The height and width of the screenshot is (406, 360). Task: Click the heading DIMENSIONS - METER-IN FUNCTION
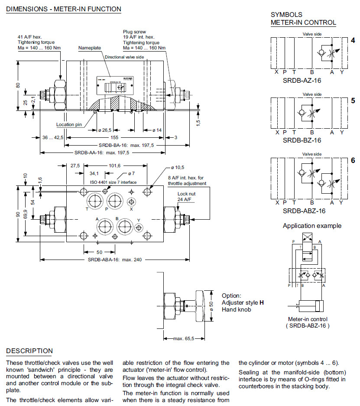(64, 9)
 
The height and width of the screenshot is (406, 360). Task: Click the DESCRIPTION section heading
(29, 351)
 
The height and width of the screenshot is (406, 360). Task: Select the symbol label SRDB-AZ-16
(302, 80)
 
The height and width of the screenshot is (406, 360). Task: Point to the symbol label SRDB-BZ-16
(302, 140)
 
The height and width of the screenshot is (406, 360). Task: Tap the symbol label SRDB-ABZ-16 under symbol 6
(303, 211)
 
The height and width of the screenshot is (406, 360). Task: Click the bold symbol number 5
(353, 100)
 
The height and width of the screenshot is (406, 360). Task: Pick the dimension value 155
(114, 137)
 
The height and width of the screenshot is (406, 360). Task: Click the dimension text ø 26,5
(104, 130)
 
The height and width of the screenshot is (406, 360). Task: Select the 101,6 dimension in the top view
(114, 165)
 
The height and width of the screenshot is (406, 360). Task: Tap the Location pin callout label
(69, 125)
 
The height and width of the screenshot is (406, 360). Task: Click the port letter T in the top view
(87, 208)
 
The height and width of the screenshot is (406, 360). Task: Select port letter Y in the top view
(138, 220)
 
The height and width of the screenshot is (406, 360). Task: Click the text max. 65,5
(183, 338)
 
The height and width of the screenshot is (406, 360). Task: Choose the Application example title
(312, 226)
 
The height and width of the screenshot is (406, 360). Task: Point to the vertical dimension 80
(18, 85)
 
